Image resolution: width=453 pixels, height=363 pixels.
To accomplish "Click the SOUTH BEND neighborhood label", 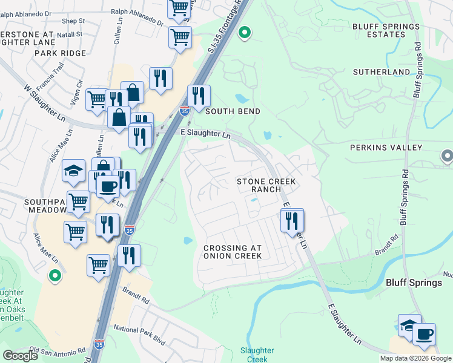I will click(x=233, y=111).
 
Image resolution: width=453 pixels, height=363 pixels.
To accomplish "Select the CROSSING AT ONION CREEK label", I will click(x=233, y=252).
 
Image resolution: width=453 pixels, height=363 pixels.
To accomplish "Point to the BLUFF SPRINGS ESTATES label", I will click(x=385, y=31).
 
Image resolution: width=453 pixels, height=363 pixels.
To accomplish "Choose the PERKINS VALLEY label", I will click(x=386, y=148).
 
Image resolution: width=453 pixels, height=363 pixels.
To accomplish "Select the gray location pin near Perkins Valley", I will click(x=447, y=157).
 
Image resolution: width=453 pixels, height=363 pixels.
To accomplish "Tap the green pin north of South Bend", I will click(x=245, y=33).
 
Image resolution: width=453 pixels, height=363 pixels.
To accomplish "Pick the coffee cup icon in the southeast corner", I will click(x=425, y=334).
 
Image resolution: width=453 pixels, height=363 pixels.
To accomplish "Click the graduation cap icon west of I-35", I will click(x=73, y=171).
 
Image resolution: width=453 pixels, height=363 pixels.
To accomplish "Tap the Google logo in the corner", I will click(x=20, y=356).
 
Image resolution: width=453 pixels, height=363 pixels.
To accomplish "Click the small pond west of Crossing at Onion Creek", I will click(x=188, y=240).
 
